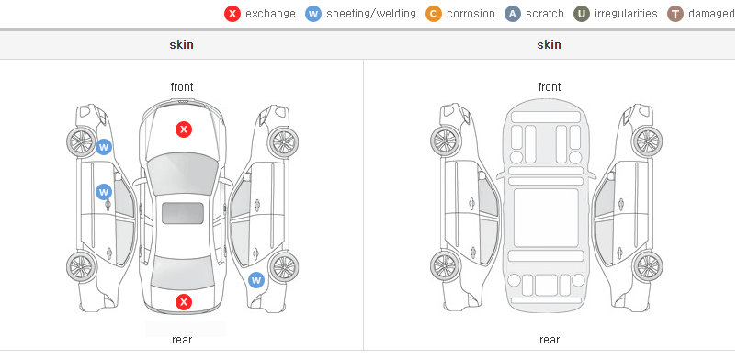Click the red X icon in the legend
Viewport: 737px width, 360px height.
tap(232, 14)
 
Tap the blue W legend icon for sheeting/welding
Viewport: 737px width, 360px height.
tap(313, 14)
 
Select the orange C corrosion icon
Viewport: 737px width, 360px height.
tap(434, 14)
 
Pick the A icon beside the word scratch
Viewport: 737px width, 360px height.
tap(513, 14)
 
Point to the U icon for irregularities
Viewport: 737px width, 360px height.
tap(582, 14)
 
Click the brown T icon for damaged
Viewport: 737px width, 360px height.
tap(675, 14)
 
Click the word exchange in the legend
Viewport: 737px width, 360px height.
tap(270, 14)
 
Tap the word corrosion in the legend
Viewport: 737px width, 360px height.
tap(471, 14)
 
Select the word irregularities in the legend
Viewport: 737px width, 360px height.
tap(626, 14)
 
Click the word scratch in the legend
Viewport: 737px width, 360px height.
tap(545, 14)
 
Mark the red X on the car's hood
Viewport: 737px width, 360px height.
tap(184, 129)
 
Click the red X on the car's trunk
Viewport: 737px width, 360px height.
tap(184, 302)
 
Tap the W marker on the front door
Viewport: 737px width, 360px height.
tap(104, 192)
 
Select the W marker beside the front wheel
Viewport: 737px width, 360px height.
tap(104, 147)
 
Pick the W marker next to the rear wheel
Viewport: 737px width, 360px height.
tap(256, 281)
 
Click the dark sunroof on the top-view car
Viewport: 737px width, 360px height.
tap(183, 213)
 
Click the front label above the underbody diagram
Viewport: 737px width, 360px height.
tap(550, 87)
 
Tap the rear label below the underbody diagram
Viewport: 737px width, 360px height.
tap(550, 339)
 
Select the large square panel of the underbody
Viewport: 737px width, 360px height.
tap(546, 218)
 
